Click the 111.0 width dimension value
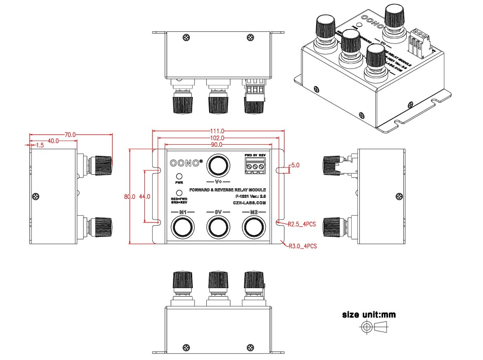(x=216, y=131)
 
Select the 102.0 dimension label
(x=216, y=138)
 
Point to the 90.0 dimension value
(x=216, y=145)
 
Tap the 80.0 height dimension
(x=129, y=197)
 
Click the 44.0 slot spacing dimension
(x=144, y=197)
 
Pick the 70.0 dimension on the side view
(x=70, y=135)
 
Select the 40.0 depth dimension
(x=53, y=141)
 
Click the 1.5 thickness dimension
(x=39, y=145)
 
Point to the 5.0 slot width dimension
(x=295, y=165)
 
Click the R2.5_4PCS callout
(x=302, y=224)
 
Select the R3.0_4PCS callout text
(x=302, y=246)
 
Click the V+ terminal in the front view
(x=217, y=166)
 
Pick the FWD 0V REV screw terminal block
(x=255, y=166)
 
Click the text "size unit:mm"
(x=369, y=315)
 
